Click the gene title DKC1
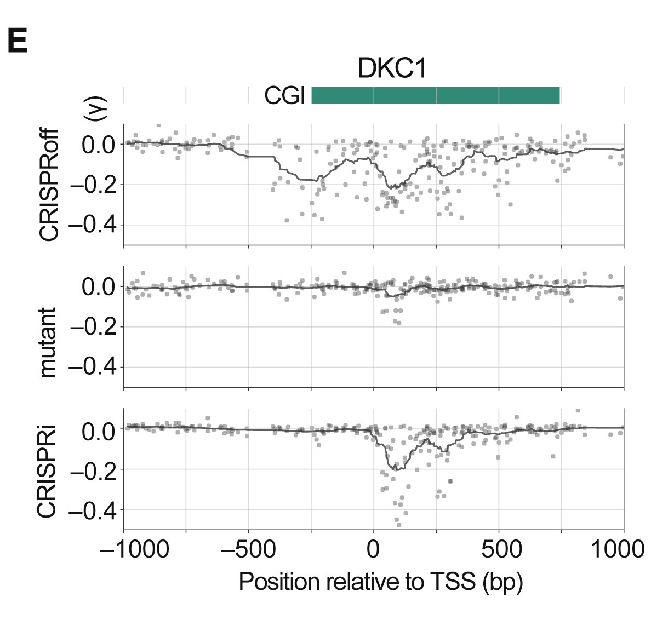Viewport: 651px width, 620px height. click(392, 69)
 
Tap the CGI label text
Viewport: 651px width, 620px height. click(284, 96)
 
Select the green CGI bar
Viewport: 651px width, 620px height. click(435, 95)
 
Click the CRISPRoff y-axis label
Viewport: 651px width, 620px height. click(49, 185)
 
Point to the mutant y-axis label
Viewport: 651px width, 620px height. click(49, 342)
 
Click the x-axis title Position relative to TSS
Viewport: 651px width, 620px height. click(381, 582)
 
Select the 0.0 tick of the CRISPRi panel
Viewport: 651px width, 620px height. click(98, 429)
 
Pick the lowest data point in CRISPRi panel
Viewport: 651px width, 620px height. click(398, 525)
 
